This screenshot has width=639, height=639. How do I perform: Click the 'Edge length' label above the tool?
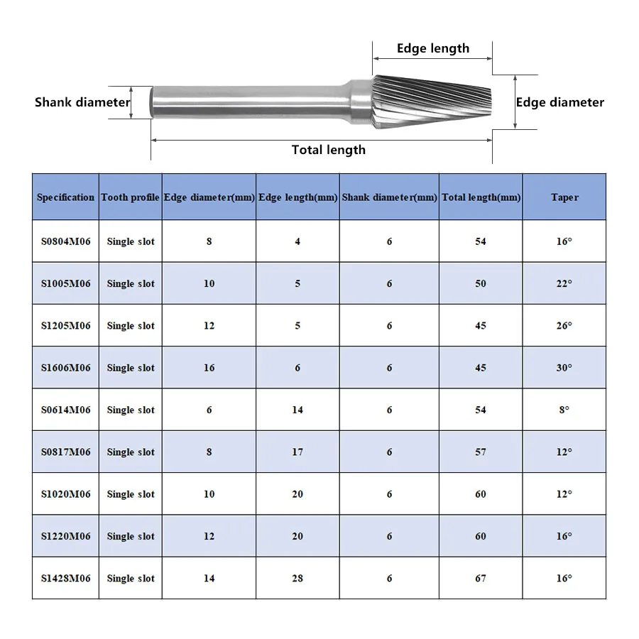pyautogui.click(x=432, y=48)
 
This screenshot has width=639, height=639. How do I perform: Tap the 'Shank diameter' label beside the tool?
pyautogui.click(x=82, y=102)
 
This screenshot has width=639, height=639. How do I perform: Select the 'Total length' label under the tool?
pyautogui.click(x=328, y=150)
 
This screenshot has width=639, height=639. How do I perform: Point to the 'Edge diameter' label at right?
pyautogui.click(x=559, y=102)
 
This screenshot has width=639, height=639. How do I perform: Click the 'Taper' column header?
pyautogui.click(x=564, y=197)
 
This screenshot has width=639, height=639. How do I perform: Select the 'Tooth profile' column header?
pyautogui.click(x=130, y=197)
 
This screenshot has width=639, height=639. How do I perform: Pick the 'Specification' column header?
pyautogui.click(x=65, y=197)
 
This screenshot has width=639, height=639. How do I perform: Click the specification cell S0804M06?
pyautogui.click(x=65, y=241)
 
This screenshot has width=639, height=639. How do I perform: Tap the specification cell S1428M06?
pyautogui.click(x=65, y=579)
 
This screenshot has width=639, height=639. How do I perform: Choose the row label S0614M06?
pyautogui.click(x=65, y=410)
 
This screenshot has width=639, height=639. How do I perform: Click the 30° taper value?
pyautogui.click(x=564, y=368)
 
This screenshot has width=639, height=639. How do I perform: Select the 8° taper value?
pyautogui.click(x=564, y=410)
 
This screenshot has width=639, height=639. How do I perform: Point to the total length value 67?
pyautogui.click(x=481, y=579)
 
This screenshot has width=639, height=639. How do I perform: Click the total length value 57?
pyautogui.click(x=481, y=452)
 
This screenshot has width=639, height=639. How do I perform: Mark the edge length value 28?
pyautogui.click(x=297, y=579)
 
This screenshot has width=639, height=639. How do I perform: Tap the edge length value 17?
pyautogui.click(x=297, y=452)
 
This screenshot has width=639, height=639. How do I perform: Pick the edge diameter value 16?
pyautogui.click(x=209, y=368)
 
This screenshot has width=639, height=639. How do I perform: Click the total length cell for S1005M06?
pyautogui.click(x=481, y=284)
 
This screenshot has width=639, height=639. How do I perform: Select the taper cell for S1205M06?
pyautogui.click(x=564, y=326)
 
